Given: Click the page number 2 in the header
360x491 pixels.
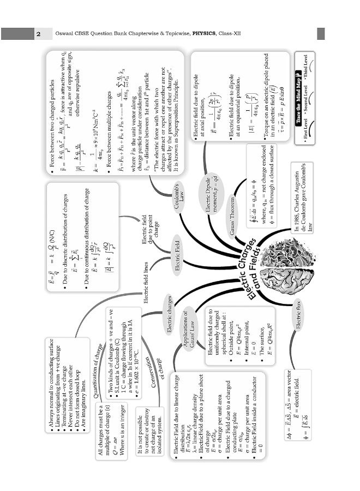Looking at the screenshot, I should pos(39,34).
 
